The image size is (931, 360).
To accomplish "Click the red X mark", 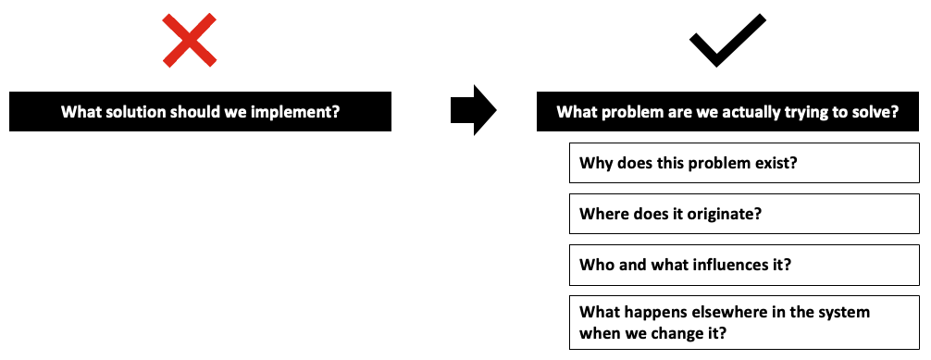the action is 190,41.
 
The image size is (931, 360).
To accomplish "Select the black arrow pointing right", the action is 473,110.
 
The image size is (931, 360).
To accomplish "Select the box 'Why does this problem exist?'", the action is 744,163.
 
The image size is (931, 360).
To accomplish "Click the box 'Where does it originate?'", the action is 744,214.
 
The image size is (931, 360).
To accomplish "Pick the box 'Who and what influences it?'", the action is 744,265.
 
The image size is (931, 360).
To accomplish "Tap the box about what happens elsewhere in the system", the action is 744,323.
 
